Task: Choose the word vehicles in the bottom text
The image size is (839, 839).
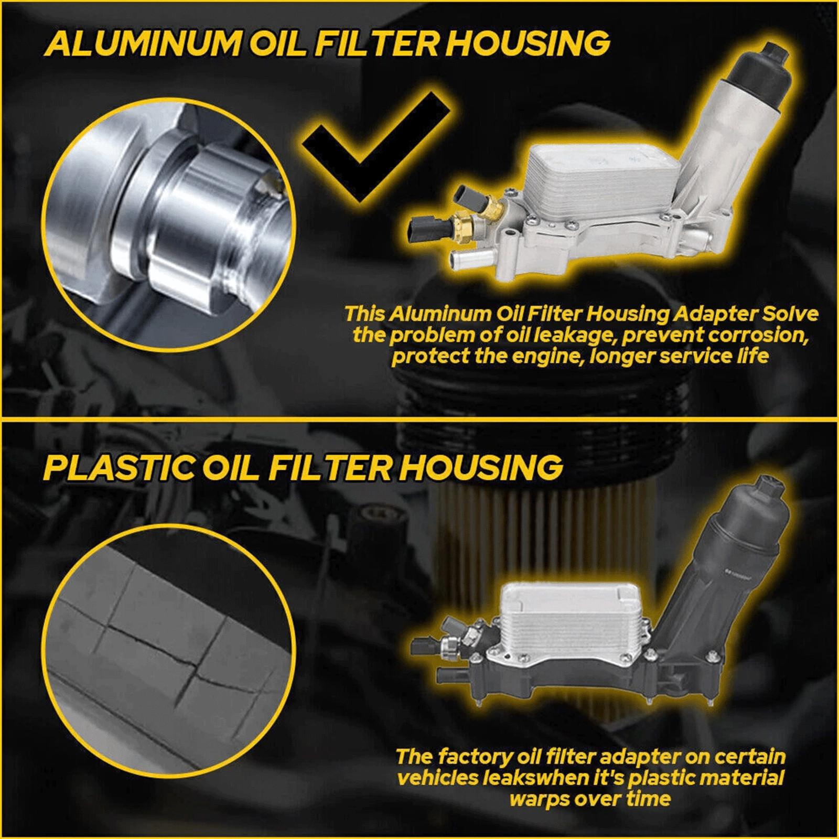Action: pyautogui.click(x=437, y=778)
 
